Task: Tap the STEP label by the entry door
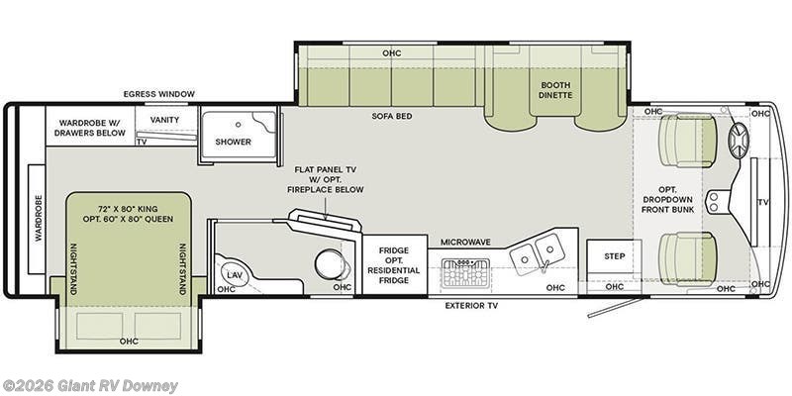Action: point(614,256)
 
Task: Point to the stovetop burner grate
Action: point(465,273)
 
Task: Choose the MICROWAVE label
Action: point(465,243)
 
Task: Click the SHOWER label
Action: point(233,142)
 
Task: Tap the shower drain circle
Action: point(238,123)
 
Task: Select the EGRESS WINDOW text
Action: point(158,94)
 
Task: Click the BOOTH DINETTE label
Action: point(555,90)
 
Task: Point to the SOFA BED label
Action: point(392,116)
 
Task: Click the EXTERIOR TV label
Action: point(471,306)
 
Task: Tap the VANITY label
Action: point(164,120)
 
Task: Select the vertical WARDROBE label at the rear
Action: point(39,218)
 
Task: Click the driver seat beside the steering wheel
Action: point(688,140)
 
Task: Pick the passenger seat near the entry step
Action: point(688,258)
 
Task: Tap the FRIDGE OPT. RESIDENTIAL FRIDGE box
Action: point(394,264)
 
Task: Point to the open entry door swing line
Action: point(615,308)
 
